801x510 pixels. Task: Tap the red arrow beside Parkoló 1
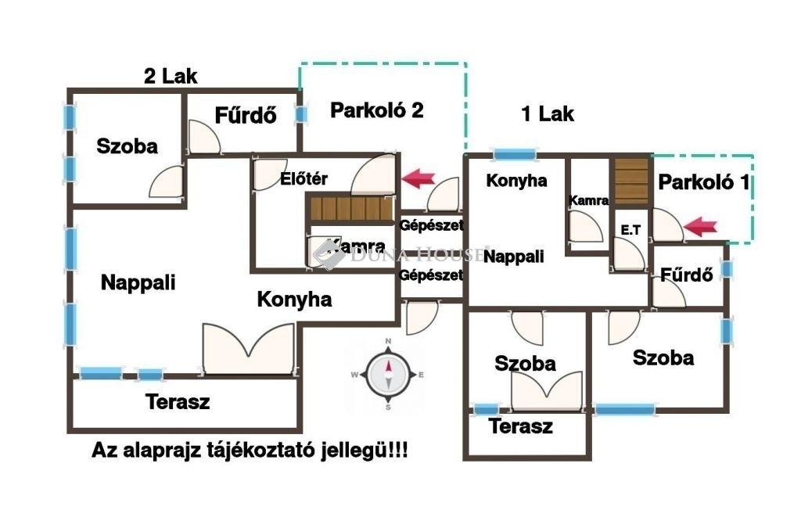pyautogui.click(x=701, y=228)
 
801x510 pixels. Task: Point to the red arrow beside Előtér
pyautogui.click(x=418, y=179)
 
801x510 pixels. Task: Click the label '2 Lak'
pyautogui.click(x=171, y=77)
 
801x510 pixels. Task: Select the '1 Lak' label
pyautogui.click(x=548, y=114)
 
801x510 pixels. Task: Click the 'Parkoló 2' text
pyautogui.click(x=376, y=110)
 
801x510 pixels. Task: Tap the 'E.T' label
pyautogui.click(x=630, y=230)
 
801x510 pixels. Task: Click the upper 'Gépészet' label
pyautogui.click(x=431, y=225)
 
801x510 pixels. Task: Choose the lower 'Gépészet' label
pyautogui.click(x=431, y=275)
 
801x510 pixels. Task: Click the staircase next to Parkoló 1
pyautogui.click(x=631, y=181)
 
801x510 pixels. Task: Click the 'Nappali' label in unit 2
pyautogui.click(x=138, y=283)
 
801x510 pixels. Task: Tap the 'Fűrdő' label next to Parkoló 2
pyautogui.click(x=246, y=116)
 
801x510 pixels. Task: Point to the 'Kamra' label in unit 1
pyautogui.click(x=588, y=200)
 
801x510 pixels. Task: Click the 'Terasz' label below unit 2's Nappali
pyautogui.click(x=178, y=402)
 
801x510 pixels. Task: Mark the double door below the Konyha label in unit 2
pyautogui.click(x=248, y=350)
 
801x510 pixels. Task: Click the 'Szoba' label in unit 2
pyautogui.click(x=127, y=146)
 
